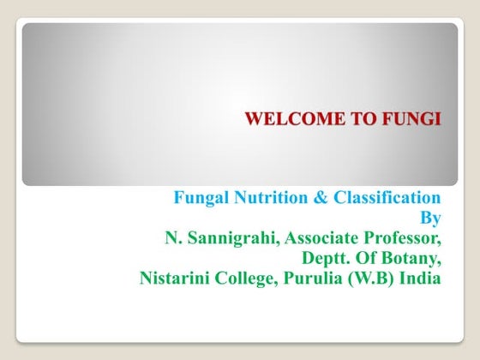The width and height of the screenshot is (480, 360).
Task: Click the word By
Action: [x=431, y=219]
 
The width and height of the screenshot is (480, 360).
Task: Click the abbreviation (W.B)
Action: [x=373, y=279]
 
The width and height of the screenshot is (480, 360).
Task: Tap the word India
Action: [x=421, y=279]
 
